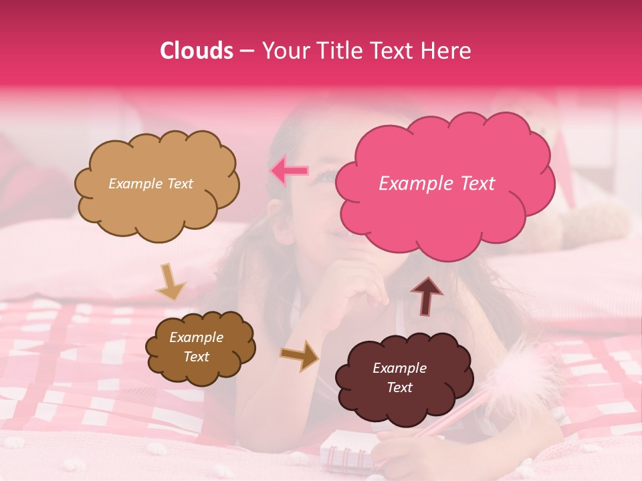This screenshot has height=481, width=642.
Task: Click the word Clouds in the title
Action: coord(197,51)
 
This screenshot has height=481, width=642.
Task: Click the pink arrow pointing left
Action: coord(289,171)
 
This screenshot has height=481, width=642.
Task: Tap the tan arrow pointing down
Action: coord(170,283)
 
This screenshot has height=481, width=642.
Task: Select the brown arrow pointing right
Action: coord(300,355)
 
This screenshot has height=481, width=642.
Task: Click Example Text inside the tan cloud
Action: coord(150,184)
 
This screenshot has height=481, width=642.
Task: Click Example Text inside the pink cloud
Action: coord(437,184)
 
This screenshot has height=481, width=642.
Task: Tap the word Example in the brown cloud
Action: coord(196,337)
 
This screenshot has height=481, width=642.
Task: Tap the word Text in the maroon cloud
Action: coord(400,387)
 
